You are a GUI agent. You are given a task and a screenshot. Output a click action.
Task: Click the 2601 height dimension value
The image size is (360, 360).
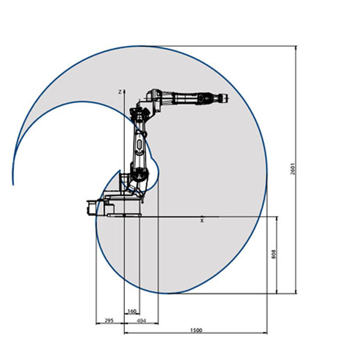(x=293, y=169)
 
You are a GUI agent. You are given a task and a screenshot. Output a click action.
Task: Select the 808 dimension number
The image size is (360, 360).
(x=274, y=254)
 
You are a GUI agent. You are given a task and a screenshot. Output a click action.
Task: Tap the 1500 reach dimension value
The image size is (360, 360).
(x=196, y=330)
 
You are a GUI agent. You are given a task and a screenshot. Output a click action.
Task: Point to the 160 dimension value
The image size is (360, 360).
(x=132, y=311)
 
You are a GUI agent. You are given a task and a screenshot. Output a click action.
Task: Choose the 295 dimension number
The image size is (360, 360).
(x=109, y=320)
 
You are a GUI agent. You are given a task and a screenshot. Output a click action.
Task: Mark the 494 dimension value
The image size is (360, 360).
(x=142, y=320)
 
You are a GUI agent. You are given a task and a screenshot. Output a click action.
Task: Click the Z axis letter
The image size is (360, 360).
(x=119, y=92)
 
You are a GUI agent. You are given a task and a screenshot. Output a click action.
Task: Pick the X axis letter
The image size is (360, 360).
(x=202, y=221)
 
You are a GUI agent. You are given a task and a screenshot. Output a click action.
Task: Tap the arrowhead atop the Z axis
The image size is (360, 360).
(x=124, y=91)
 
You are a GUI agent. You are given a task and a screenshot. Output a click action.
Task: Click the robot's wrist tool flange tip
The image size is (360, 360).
(x=227, y=98)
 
